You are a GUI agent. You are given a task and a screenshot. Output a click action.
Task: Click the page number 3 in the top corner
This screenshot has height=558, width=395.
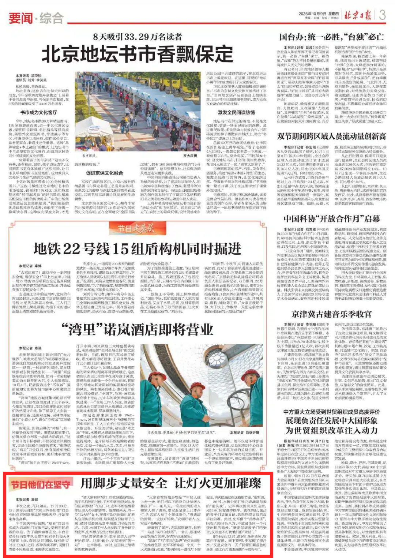[x=382, y=15]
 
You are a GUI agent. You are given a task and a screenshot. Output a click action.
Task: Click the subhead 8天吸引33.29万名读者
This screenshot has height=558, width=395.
[x=138, y=37]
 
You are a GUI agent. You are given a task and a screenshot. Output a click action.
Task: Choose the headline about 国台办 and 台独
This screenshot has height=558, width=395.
[x=331, y=37]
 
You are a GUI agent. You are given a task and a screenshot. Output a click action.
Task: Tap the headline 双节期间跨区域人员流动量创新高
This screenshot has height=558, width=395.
[x=331, y=136]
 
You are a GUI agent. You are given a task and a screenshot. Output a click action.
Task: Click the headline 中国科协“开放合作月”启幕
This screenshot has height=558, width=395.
[x=331, y=219]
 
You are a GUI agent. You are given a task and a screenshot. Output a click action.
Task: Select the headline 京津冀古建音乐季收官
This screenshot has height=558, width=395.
[x=331, y=314]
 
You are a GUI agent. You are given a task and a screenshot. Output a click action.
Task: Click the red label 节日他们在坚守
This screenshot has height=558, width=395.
[x=40, y=484]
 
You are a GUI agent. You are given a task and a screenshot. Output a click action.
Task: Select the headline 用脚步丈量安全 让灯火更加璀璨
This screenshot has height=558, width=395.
[x=171, y=483]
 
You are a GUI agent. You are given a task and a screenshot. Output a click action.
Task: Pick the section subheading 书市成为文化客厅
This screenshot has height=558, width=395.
[x=39, y=112]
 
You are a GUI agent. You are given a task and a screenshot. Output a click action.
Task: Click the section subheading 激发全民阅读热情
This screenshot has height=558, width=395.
[x=236, y=112]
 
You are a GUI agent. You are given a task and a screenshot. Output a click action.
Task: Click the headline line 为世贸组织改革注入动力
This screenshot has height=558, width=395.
[x=331, y=430]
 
